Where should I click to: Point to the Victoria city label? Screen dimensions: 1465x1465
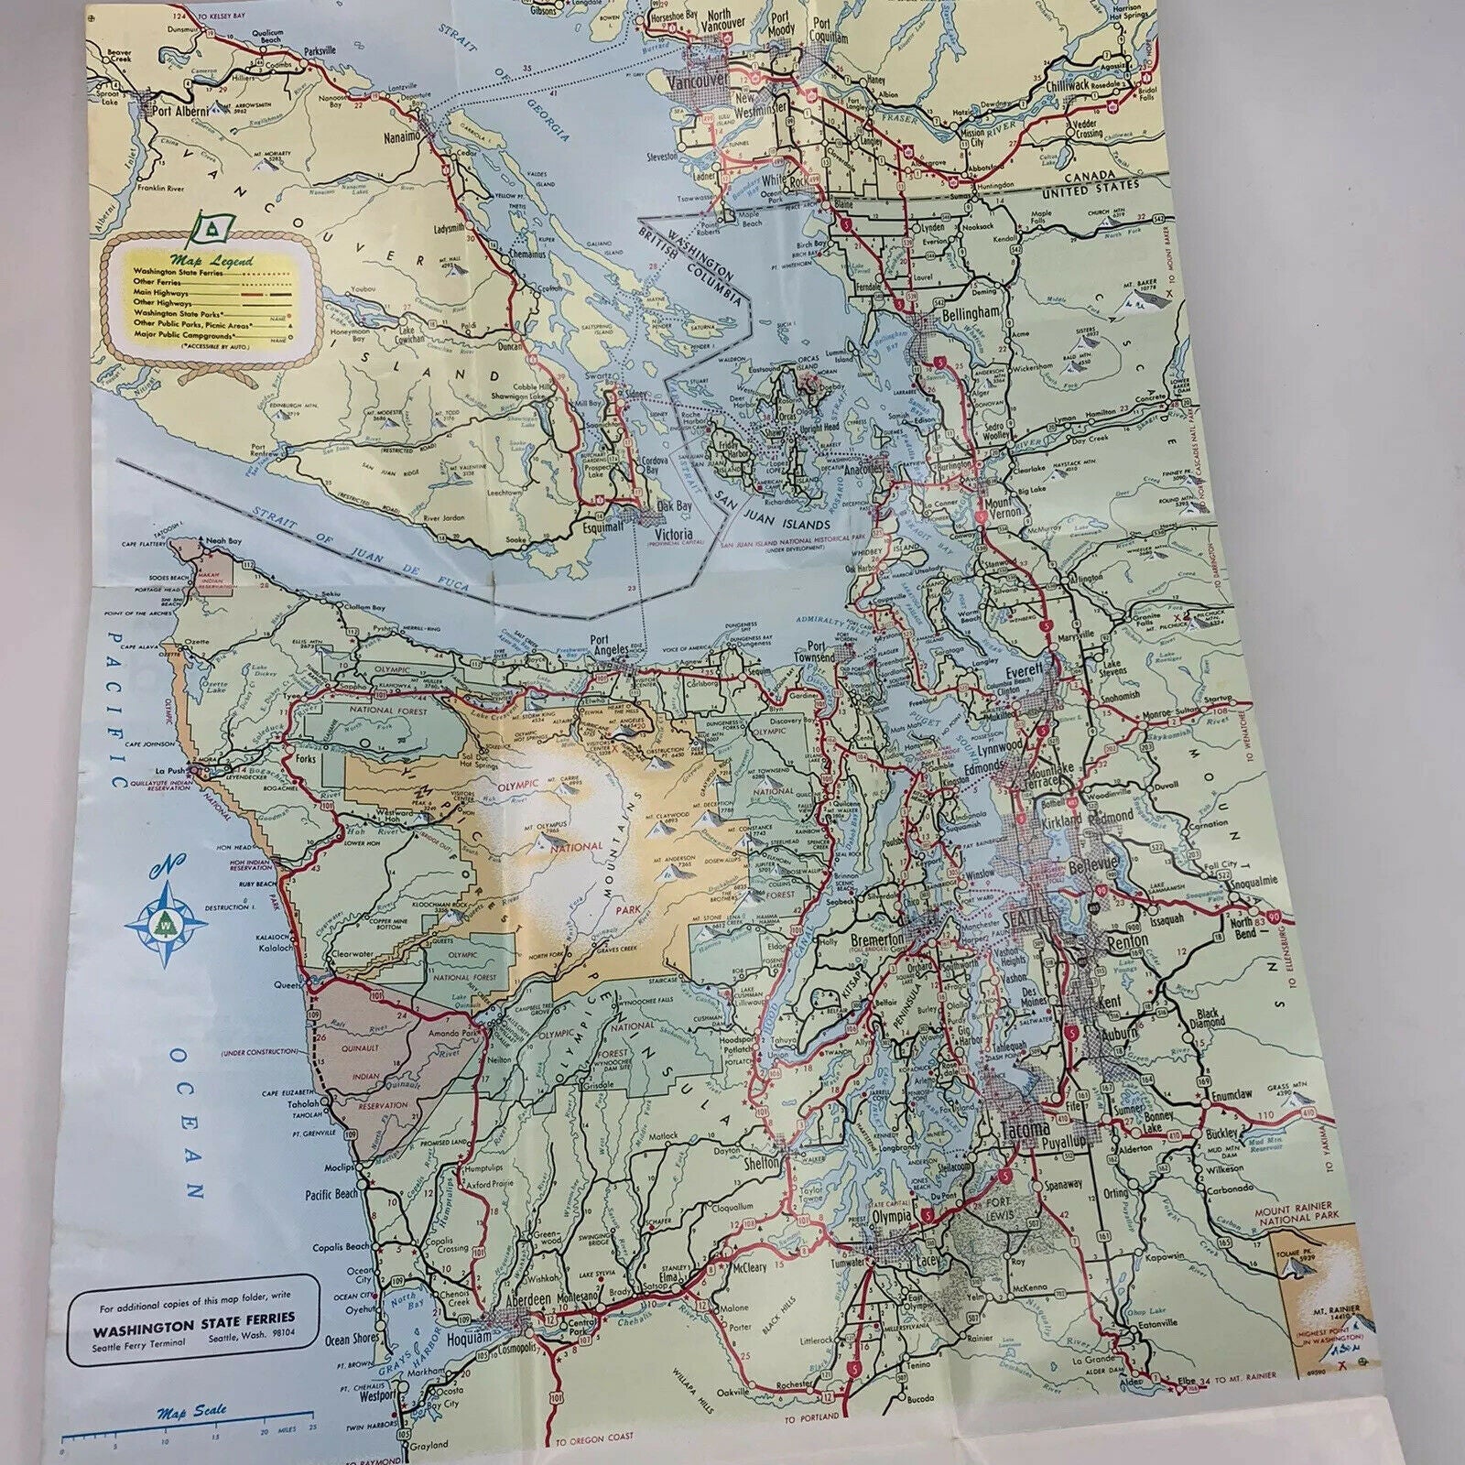pos(675,535)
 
